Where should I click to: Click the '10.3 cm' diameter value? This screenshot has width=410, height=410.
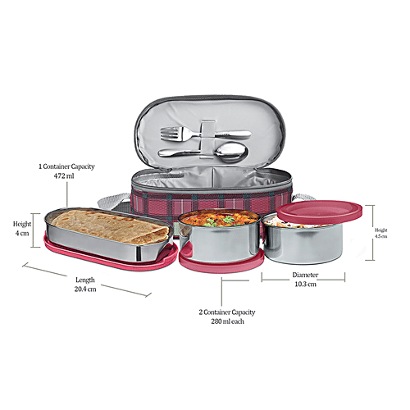click(x=305, y=285)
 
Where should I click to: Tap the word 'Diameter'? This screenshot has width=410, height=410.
click(x=305, y=275)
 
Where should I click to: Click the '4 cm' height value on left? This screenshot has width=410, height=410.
click(x=22, y=233)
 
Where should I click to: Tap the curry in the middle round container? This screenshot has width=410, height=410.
click(x=218, y=220)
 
